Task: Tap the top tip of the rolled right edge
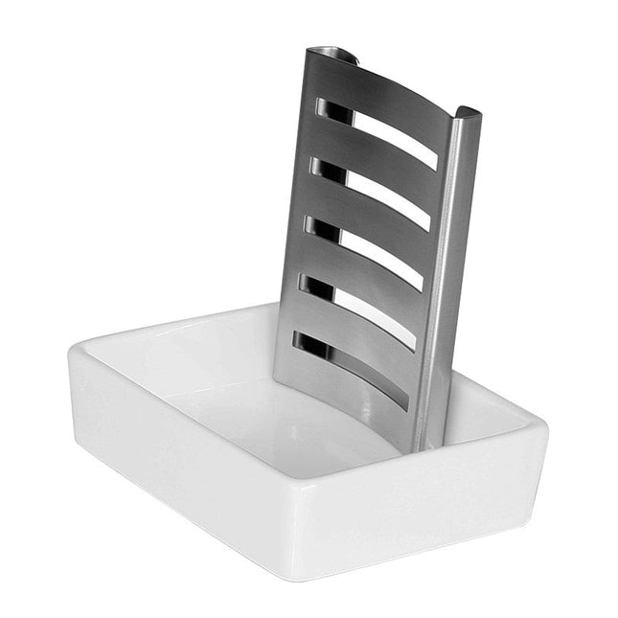coord(469,114)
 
